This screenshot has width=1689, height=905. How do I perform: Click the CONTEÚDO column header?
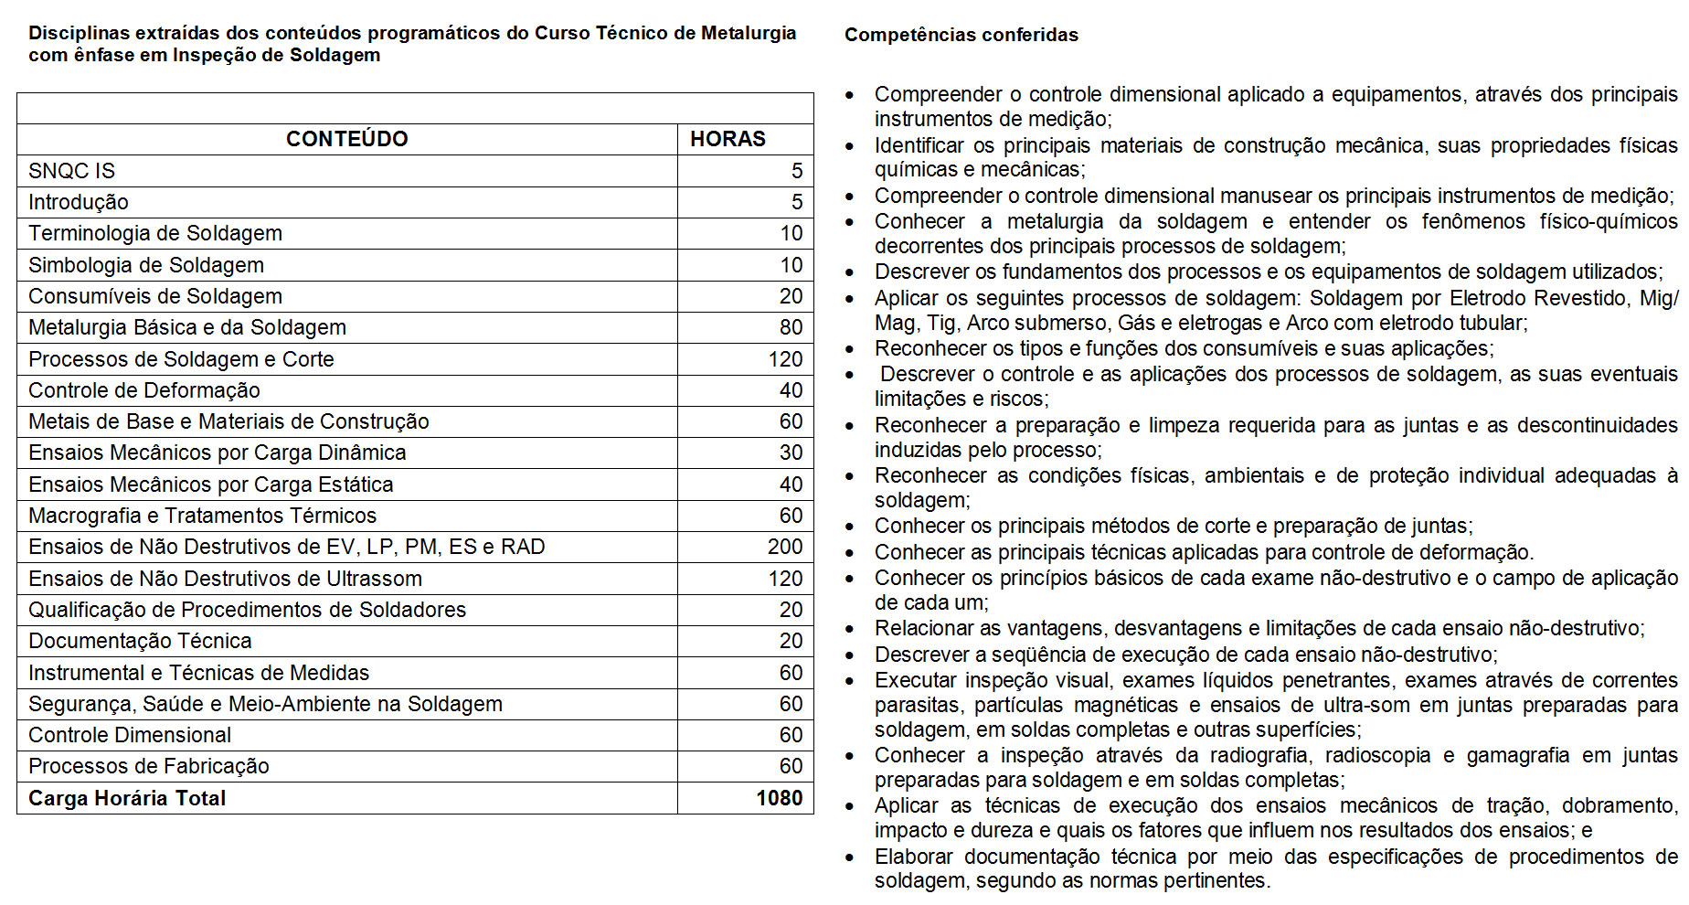coord(346,139)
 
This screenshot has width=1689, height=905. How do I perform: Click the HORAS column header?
coord(728,139)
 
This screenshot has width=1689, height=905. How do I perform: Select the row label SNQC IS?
coord(71,171)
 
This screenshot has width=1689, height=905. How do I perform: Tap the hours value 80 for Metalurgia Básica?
coord(791,327)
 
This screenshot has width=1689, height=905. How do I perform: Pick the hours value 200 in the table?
coord(785,547)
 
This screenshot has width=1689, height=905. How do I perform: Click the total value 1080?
coord(779,798)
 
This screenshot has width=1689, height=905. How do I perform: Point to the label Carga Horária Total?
coord(127,798)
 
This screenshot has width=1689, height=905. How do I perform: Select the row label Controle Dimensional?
coord(130,735)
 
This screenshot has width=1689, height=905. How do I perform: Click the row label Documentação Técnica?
coord(140,641)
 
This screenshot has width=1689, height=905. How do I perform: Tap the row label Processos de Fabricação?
coord(149,766)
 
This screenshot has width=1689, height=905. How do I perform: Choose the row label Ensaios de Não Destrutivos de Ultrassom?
coord(225,579)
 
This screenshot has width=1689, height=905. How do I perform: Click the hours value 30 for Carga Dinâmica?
coord(791,452)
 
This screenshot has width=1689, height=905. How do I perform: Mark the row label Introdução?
coord(79,202)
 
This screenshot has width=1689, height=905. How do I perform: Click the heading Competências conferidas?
coord(961,35)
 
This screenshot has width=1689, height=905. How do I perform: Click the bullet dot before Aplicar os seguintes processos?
coord(851,299)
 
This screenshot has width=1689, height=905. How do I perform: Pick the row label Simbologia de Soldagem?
coord(146,265)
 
